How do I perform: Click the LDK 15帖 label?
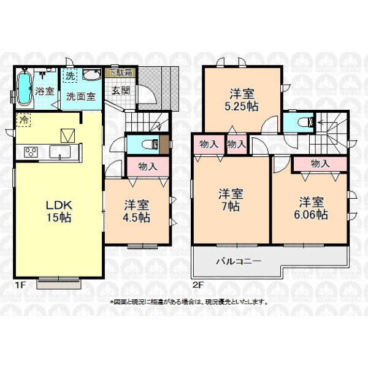(x=59, y=211)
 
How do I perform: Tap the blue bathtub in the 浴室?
(x=25, y=88)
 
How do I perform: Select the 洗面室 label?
(x=80, y=96)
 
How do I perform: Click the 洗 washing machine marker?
(x=70, y=75)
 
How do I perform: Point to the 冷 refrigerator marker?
(x=23, y=120)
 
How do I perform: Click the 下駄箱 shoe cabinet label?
(x=121, y=73)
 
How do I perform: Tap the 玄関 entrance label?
(x=120, y=90)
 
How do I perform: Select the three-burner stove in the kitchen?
(x=31, y=151)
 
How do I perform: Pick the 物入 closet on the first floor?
(x=148, y=166)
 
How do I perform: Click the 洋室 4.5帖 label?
(x=136, y=211)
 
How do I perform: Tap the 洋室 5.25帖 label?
(x=242, y=100)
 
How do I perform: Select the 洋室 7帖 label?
(x=231, y=200)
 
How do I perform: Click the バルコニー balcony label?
(x=239, y=261)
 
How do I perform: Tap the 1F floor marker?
(x=20, y=285)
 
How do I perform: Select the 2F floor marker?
(x=197, y=285)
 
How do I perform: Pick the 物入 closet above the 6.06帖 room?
(x=320, y=164)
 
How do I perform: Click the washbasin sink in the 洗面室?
(x=92, y=74)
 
